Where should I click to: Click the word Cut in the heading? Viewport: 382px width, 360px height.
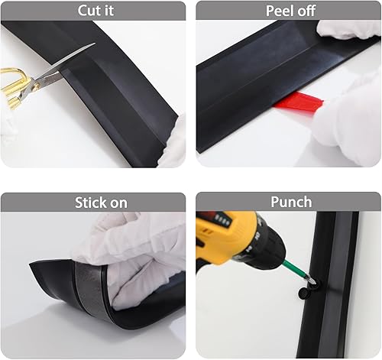(87, 11)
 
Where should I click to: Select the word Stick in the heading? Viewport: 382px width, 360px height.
(89, 203)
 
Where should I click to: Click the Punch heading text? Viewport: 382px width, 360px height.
(291, 202)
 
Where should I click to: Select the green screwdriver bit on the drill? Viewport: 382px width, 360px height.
(296, 269)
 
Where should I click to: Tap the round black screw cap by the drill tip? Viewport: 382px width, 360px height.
(304, 293)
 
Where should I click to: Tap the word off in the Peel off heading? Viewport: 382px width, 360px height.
(306, 11)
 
